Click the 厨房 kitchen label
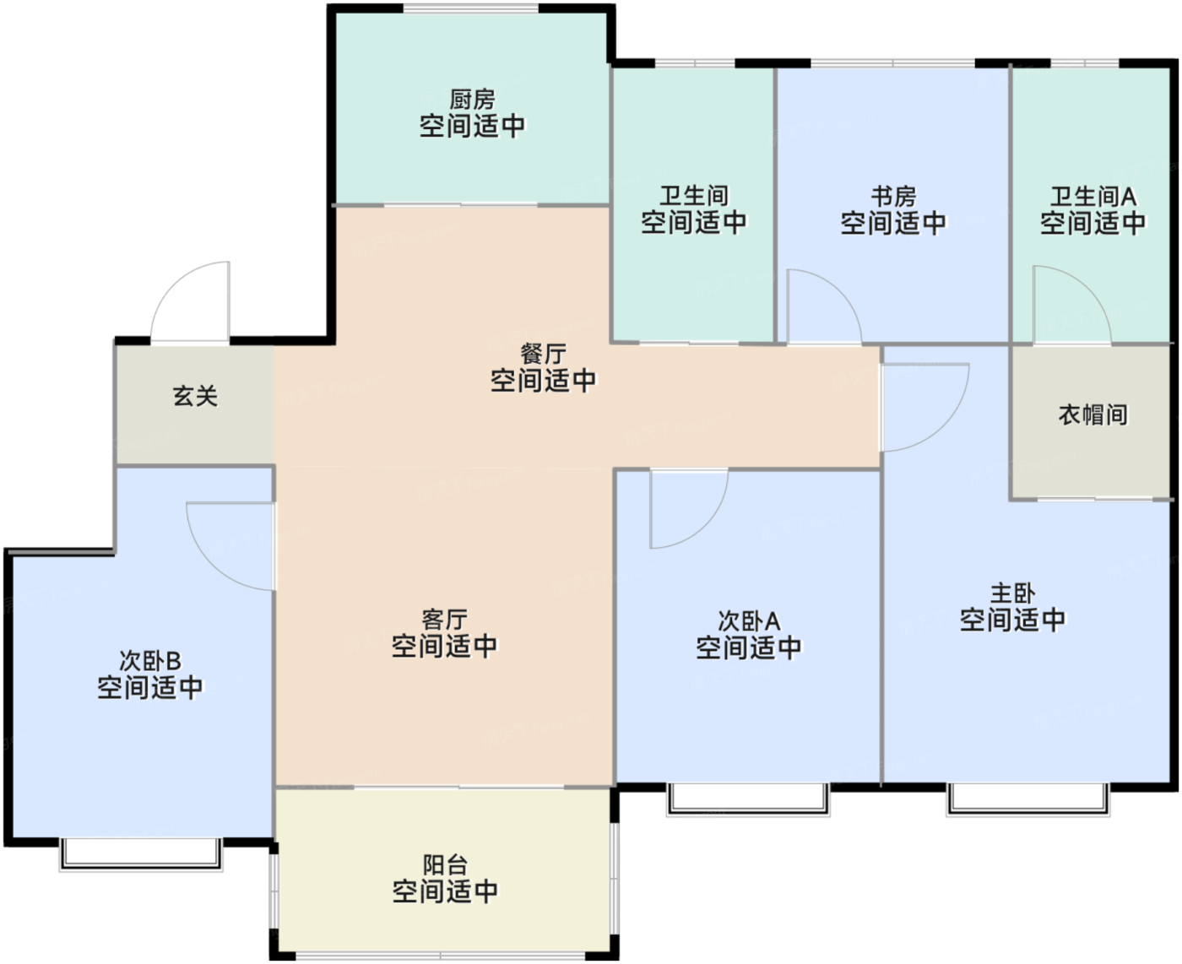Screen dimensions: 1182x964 pos(472,100)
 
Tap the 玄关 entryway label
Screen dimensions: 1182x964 pos(194,396)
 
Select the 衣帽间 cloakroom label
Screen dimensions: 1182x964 pos(1093,414)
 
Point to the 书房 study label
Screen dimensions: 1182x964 pos(893,197)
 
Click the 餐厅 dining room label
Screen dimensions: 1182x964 pos(543,354)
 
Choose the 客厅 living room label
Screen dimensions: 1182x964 pos(444,620)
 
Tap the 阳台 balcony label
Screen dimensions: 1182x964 pos(445,864)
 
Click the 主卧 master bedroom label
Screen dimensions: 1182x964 pos(1012,593)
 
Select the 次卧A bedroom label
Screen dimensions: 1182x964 pos(749,621)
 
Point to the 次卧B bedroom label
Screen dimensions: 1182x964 pos(149,661)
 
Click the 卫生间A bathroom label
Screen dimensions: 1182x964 pos(1093,197)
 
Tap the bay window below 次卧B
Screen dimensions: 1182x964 pos(141,854)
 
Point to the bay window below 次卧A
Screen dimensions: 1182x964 pos(748,799)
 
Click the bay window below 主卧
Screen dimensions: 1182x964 pos(1028,799)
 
